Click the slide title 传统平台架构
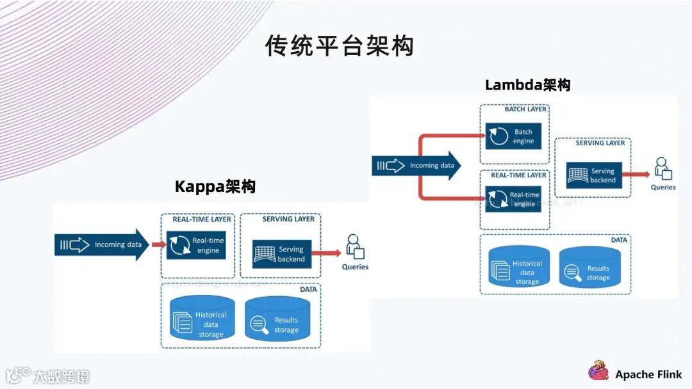(340, 46)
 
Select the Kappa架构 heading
(215, 186)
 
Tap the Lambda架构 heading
(527, 84)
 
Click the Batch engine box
(514, 136)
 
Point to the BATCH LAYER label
(525, 109)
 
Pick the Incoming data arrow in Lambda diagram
(416, 166)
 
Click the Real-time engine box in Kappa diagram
(196, 245)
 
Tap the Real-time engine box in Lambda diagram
(514, 199)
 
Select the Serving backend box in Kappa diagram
(282, 254)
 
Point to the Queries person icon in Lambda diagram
(663, 168)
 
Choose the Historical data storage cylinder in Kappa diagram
(202, 319)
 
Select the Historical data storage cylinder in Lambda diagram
(520, 266)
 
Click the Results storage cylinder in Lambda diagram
(589, 269)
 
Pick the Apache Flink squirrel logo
(598, 371)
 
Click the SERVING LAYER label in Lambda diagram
(600, 143)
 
